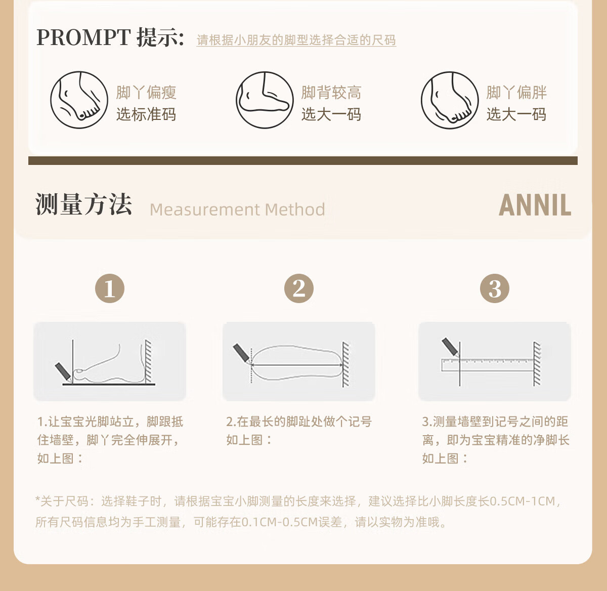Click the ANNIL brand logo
[535, 205]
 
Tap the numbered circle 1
[109, 288]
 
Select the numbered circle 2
[299, 288]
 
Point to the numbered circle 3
[494, 288]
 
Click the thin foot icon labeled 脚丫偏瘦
[79, 100]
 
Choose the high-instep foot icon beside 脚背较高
[265, 100]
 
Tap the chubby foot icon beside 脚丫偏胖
[450, 100]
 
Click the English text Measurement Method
[237, 209]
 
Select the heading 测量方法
[83, 204]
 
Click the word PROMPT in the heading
[83, 37]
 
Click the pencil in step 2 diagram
[242, 354]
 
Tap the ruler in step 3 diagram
[487, 365]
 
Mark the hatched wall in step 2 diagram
[345, 364]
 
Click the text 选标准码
[146, 114]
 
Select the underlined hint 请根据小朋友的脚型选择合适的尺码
[296, 40]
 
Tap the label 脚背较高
[331, 93]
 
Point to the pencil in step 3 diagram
[450, 347]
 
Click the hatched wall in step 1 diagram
[149, 361]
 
